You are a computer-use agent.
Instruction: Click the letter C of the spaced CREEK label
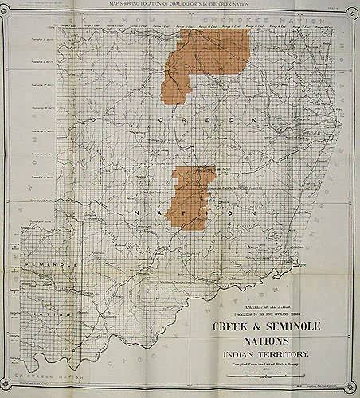pyautogui.click(x=161, y=119)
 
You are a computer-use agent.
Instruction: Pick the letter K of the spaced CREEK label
pyautogui.click(x=253, y=119)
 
